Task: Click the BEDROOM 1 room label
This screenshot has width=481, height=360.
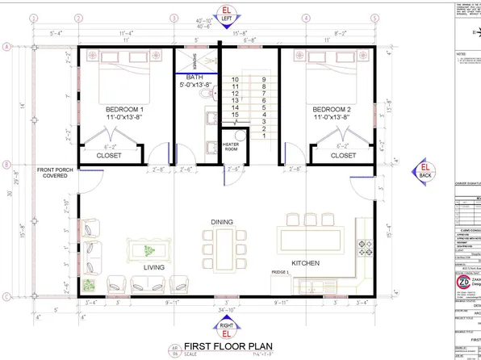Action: [124, 109]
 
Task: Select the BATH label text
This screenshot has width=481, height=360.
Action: [194, 77]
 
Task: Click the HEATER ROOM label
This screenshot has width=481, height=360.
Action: [232, 148]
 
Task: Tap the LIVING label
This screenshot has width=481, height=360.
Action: [154, 266]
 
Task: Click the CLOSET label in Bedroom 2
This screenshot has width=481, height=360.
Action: [343, 156]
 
